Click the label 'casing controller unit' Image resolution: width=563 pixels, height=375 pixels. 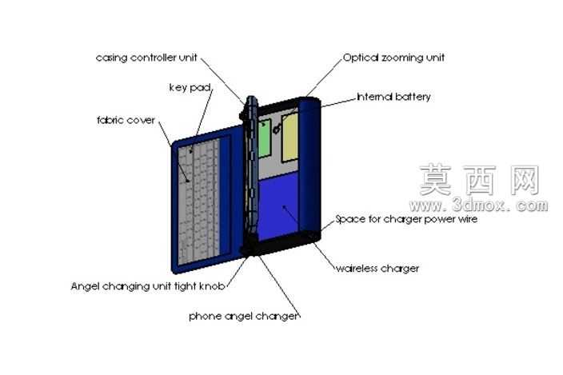point(146,58)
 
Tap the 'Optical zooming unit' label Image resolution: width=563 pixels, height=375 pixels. point(394,58)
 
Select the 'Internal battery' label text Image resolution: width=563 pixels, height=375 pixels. point(394,97)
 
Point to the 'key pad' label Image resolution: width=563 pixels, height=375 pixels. point(190,88)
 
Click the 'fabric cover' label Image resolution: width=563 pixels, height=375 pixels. point(126,120)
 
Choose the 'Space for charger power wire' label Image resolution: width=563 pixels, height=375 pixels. point(406,219)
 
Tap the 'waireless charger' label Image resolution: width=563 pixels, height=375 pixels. point(377,269)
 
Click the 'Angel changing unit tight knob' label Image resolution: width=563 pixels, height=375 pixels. point(148,286)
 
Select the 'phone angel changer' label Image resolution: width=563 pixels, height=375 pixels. point(244,316)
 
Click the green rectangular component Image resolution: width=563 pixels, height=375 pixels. point(265,138)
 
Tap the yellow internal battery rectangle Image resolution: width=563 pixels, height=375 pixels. point(290,138)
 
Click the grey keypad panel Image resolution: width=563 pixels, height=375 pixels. point(199,201)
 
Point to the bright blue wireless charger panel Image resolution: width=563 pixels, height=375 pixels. point(278,205)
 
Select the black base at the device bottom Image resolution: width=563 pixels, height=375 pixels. point(280,244)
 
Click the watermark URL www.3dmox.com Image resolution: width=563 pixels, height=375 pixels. point(478,205)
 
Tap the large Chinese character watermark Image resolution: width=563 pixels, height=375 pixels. point(479,180)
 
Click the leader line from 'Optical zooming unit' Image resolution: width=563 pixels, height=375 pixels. point(324,78)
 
